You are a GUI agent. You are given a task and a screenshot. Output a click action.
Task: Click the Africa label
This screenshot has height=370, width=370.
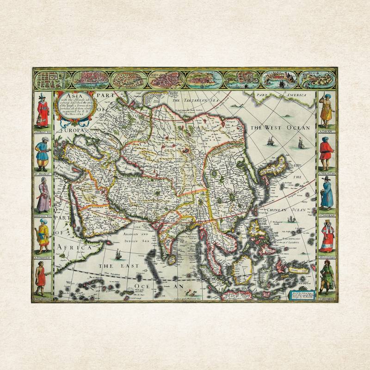click(x=72, y=248)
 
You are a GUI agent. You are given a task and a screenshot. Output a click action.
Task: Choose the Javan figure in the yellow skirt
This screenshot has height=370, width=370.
click(x=327, y=111)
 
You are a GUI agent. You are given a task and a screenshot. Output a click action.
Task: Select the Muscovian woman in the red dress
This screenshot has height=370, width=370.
click(x=327, y=236)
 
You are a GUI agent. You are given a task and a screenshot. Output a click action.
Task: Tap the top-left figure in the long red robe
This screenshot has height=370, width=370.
click(x=43, y=111)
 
